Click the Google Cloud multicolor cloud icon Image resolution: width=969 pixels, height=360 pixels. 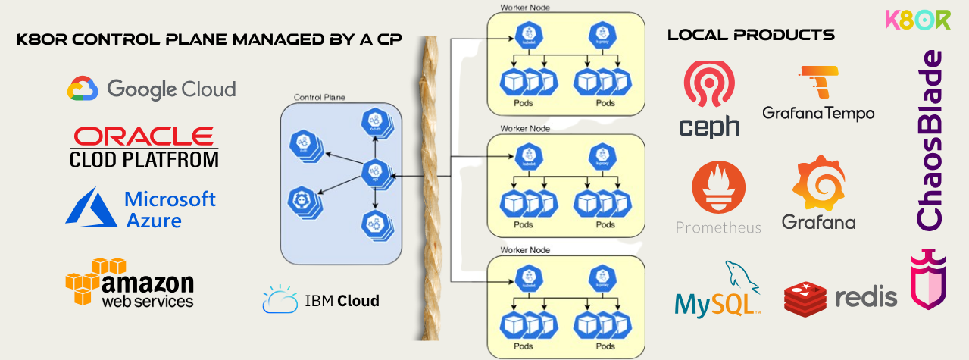click(83, 89)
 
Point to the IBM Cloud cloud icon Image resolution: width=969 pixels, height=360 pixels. click(280, 300)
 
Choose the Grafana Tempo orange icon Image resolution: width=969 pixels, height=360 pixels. click(818, 83)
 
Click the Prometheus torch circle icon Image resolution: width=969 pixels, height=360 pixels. click(718, 188)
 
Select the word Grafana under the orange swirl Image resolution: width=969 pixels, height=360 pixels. click(818, 222)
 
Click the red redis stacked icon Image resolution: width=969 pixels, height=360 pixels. click(808, 298)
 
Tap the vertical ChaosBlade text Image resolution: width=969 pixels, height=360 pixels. click(930, 140)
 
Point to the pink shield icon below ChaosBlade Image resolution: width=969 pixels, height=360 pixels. click(928, 279)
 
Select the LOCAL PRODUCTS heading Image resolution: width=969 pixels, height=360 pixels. click(751, 35)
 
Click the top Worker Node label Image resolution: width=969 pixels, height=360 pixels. click(525, 8)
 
